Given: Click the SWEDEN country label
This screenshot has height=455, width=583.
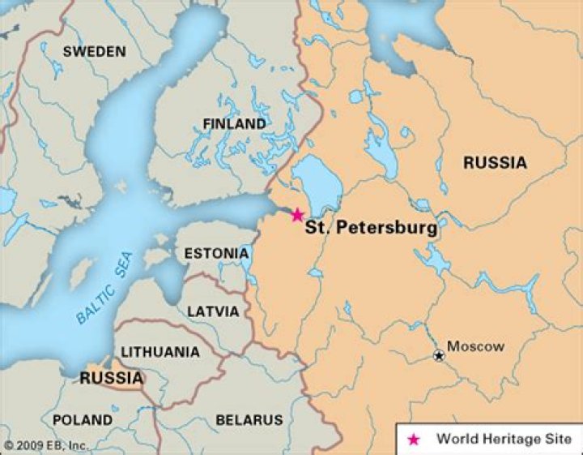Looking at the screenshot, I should click(95, 52).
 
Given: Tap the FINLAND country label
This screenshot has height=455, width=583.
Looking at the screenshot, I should click(234, 124).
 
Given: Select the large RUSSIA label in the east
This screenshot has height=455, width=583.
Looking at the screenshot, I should click(494, 163).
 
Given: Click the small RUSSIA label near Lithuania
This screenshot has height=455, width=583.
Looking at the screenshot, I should click(111, 379).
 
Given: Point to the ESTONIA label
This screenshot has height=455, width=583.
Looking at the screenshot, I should click(216, 254).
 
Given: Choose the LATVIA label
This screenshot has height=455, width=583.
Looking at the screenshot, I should click(213, 311).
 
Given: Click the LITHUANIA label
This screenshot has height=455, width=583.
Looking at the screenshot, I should click(160, 352).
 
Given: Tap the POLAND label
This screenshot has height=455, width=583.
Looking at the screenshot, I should click(83, 420).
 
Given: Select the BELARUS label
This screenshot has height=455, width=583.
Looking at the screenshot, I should click(249, 420).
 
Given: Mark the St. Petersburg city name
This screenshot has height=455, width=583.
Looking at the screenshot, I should click(371, 229).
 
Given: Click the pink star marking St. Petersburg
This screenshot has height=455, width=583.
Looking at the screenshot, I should click(297, 215).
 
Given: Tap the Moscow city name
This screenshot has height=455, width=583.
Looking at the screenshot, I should click(475, 347).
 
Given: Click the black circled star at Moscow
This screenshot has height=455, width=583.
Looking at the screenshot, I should click(439, 355).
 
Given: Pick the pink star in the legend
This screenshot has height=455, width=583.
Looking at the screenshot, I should click(414, 439).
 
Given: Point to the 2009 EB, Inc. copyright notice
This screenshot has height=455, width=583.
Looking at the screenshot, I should click(46, 445).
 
